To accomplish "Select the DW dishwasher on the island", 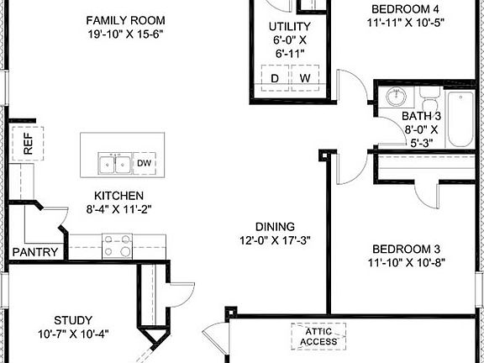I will [144, 163].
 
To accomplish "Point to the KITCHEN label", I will [118, 195].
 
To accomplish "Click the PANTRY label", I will [35, 252].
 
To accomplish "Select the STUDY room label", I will [73, 319].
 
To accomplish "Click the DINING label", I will [275, 226].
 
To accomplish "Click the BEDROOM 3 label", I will [406, 249].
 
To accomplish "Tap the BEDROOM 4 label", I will [406, 10].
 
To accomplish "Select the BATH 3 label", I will [421, 116].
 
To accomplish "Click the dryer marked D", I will [274, 78].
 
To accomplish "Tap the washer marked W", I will [305, 78].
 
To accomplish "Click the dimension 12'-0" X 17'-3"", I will [275, 240].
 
